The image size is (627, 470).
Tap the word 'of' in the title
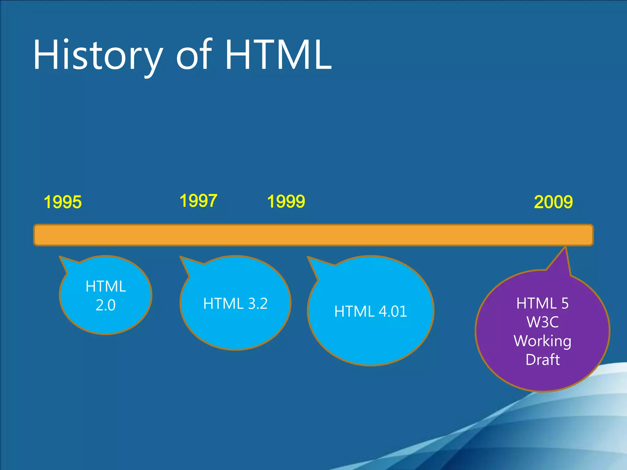(193, 55)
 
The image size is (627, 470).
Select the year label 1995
(63, 202)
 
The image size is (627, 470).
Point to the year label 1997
(198, 201)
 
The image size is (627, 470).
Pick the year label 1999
(286, 202)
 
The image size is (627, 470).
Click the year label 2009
(553, 202)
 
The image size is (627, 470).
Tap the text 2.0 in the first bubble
(106, 305)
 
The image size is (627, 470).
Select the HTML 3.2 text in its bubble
(235, 304)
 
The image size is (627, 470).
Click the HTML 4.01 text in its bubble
(370, 311)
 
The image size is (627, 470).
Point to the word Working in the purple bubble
(543, 341)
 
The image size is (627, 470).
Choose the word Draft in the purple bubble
(543, 360)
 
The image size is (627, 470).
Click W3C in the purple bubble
(543, 322)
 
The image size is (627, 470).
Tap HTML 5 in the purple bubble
(543, 304)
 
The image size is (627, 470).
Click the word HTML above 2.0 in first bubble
(106, 287)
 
